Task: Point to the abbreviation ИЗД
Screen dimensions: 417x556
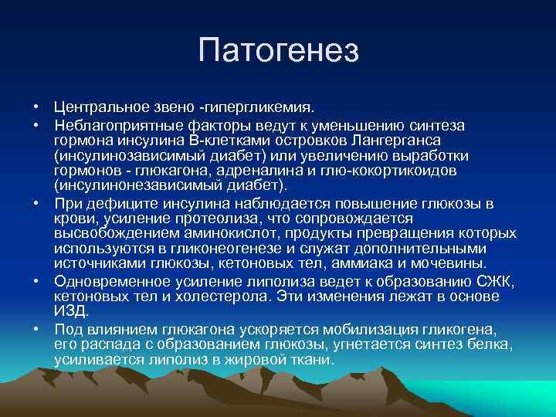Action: pos(72,311)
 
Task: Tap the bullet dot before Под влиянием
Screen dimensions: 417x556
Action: pos(36,329)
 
